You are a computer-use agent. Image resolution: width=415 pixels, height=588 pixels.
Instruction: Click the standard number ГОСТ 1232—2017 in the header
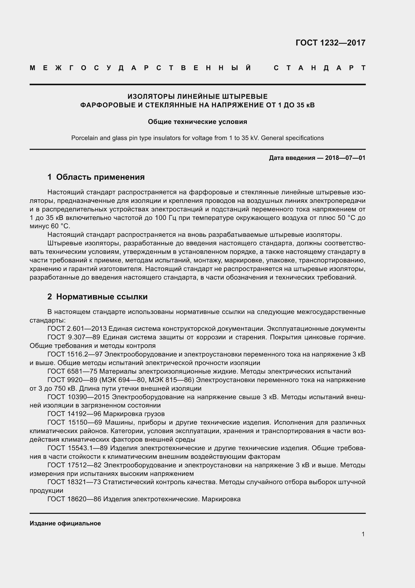pos(330,42)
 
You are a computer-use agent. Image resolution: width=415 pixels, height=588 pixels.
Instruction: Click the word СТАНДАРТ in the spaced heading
pos(320,68)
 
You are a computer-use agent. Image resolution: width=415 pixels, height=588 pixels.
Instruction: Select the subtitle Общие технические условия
pos(197,122)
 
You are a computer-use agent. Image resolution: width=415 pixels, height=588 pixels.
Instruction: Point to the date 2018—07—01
pos(345,158)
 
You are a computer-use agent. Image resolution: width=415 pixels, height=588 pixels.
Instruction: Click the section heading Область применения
pos(100,177)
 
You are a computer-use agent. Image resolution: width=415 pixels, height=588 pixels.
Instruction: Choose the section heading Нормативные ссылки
pos(102,297)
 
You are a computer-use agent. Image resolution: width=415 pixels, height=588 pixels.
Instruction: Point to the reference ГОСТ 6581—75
pos(72,371)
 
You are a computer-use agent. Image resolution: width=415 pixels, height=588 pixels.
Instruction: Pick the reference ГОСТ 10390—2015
pos(78,397)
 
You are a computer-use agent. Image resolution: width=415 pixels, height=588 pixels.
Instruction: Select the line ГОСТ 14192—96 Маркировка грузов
pos(106,414)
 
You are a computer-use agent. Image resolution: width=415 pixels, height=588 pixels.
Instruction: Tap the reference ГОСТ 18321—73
pos(74,482)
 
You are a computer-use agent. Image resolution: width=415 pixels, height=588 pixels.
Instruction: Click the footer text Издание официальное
pos(65,523)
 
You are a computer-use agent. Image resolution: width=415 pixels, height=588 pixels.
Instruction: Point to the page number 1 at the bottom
pos(363,534)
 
